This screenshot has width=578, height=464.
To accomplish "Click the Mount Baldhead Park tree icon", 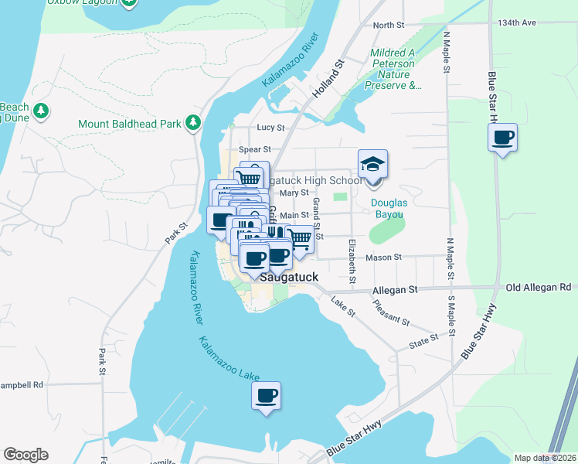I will tap(192, 123).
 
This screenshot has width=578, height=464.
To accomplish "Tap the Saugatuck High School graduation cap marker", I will tap(372, 164).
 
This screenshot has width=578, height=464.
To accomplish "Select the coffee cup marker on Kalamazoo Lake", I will tap(266, 396).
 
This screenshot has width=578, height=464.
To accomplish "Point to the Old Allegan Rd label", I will tap(542, 288).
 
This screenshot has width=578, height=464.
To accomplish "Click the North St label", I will tap(389, 26).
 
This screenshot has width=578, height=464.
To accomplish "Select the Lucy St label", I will tap(270, 128).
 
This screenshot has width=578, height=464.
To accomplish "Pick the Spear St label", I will tap(256, 149).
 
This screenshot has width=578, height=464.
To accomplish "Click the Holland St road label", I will tap(328, 80).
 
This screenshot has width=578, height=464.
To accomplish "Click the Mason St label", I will tap(388, 257).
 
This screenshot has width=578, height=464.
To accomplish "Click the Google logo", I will tap(25, 455).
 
